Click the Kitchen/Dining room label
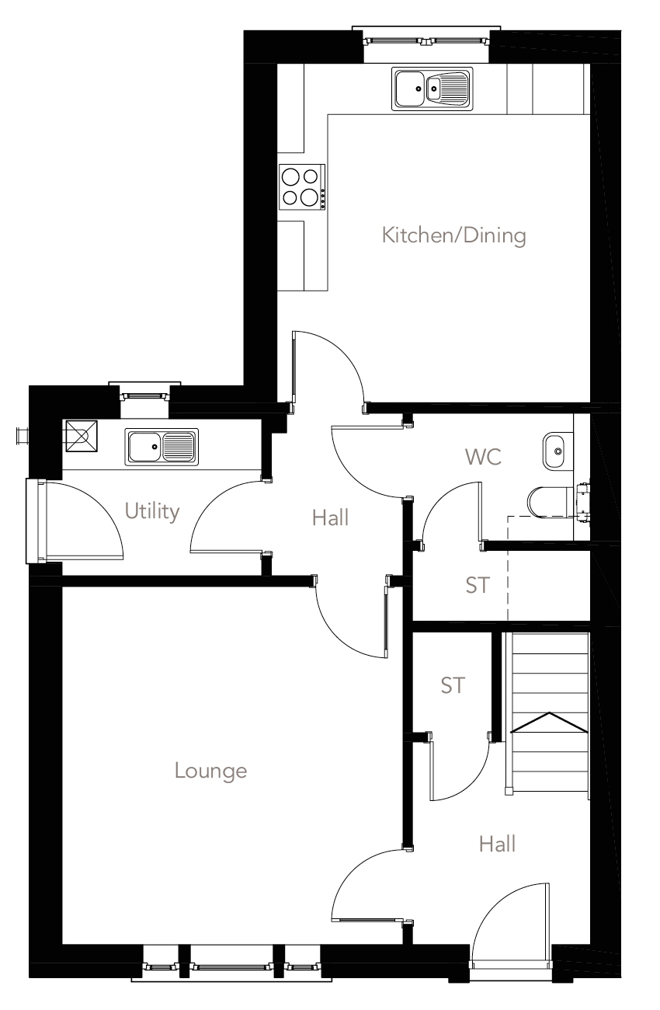(454, 235)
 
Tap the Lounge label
(210, 771)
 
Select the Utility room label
(152, 511)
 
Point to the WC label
(483, 457)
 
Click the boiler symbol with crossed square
(81, 435)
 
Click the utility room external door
(74, 521)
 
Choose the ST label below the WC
(478, 585)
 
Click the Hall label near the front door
(497, 843)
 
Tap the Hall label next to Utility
(330, 517)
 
